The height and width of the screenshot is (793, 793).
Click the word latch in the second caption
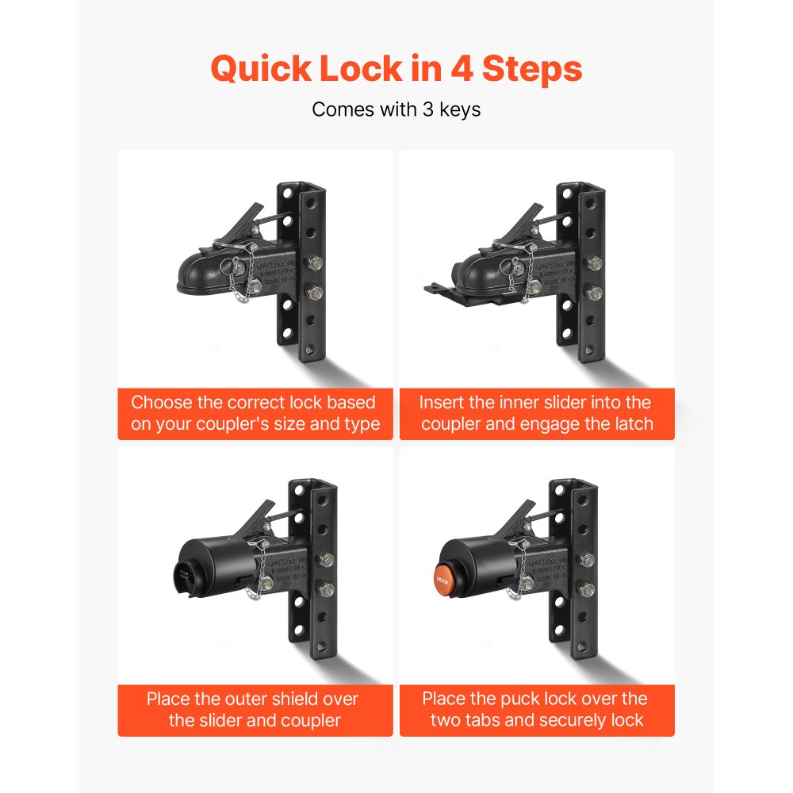coord(630,424)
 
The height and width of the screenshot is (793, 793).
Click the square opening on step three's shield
coord(182,573)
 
